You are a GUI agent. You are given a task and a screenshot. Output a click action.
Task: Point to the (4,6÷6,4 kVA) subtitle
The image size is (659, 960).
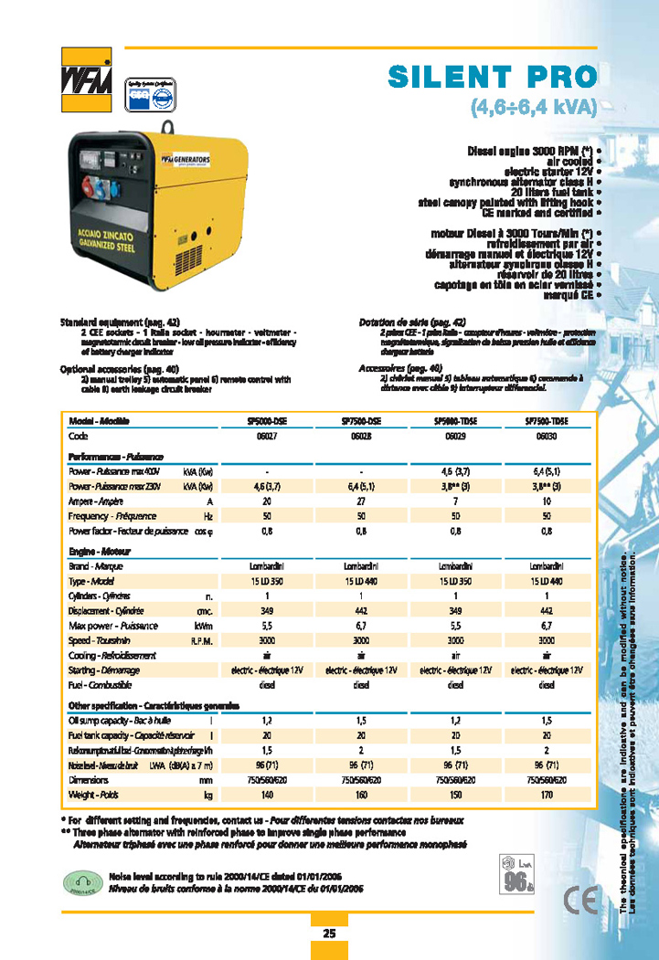click(x=533, y=107)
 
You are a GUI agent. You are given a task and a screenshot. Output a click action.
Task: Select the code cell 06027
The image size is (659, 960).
click(x=268, y=438)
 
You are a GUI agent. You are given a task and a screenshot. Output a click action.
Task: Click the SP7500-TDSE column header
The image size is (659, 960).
click(x=547, y=421)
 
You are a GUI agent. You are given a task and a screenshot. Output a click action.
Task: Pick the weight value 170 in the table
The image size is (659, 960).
click(x=547, y=796)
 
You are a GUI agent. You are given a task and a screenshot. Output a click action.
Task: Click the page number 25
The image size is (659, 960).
click(x=329, y=933)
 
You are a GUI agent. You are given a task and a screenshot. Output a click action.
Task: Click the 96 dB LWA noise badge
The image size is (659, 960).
click(x=516, y=876)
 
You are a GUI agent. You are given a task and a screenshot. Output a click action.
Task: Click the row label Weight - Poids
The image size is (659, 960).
click(x=90, y=796)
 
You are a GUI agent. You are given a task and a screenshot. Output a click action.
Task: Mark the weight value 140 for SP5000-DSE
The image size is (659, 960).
click(x=268, y=796)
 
